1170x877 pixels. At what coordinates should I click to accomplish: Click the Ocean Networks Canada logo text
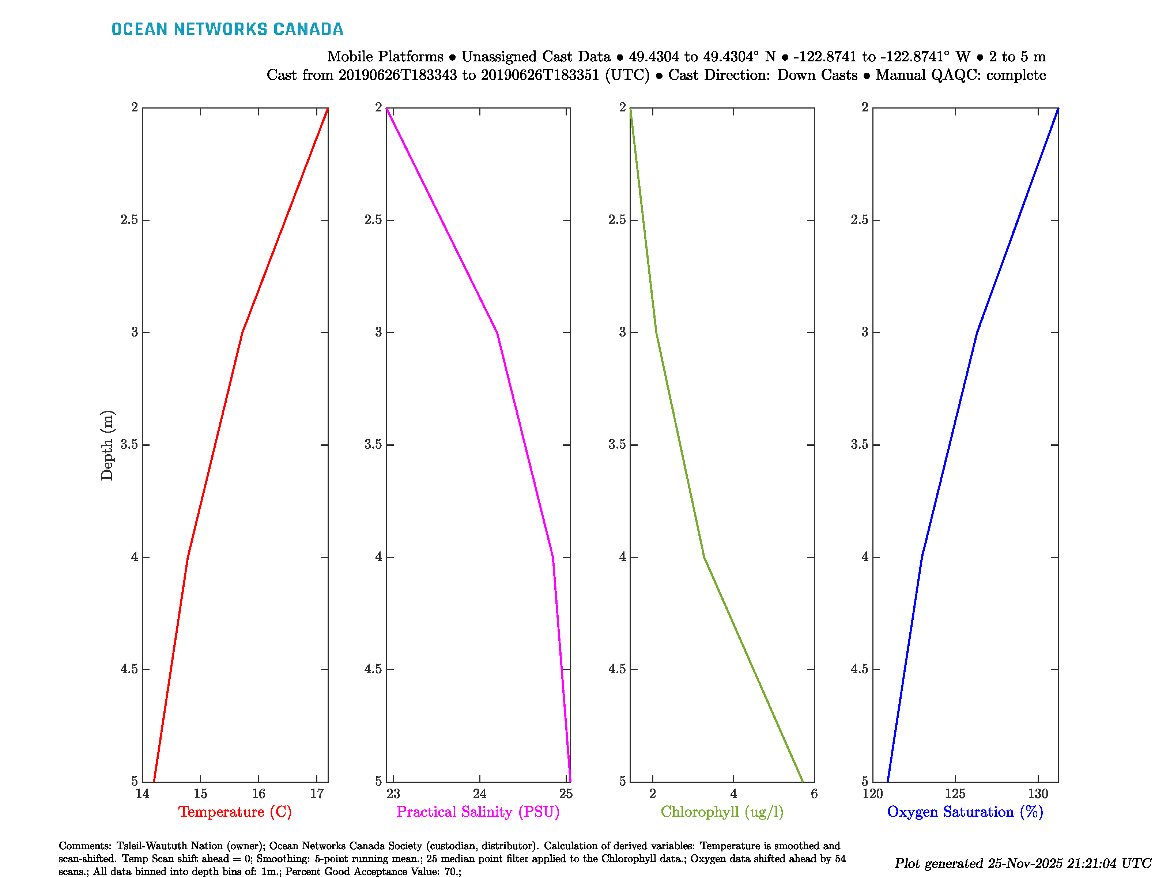[227, 29]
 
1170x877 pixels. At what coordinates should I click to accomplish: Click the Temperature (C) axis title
[235, 812]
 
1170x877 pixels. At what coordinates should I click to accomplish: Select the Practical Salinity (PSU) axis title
[478, 812]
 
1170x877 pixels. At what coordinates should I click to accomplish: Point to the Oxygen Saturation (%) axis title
[965, 812]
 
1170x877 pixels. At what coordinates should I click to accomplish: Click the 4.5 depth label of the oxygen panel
[859, 669]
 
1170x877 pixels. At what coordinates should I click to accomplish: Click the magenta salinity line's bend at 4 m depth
[553, 557]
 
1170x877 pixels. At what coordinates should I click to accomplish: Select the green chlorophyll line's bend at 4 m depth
[704, 557]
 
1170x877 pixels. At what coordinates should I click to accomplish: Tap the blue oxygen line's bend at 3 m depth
[977, 333]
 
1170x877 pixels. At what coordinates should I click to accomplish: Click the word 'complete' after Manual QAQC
[1016, 75]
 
